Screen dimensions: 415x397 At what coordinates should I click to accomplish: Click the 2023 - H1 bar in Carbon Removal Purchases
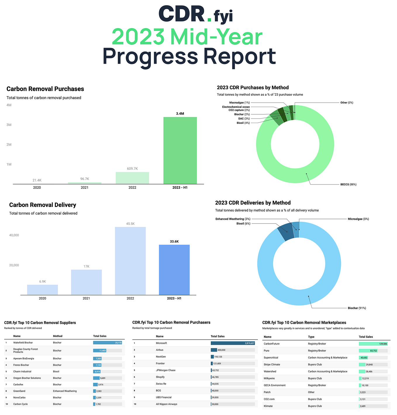pyautogui.click(x=180, y=150)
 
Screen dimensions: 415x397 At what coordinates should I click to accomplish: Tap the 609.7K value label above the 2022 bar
pyautogui.click(x=132, y=169)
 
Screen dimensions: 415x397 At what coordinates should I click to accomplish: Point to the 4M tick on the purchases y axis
pyautogui.click(x=9, y=105)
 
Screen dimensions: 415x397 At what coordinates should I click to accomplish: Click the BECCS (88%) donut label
pyautogui.click(x=348, y=184)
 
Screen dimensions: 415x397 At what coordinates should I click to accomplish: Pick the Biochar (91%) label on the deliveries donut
pyautogui.click(x=357, y=308)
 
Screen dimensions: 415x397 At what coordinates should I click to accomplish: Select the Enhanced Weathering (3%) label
pyautogui.click(x=233, y=219)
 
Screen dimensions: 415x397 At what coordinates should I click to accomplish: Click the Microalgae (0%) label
pyautogui.click(x=358, y=219)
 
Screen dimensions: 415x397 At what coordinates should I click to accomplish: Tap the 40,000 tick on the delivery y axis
pyautogui.click(x=14, y=235)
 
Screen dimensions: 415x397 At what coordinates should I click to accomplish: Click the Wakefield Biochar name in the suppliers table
pyautogui.click(x=23, y=343)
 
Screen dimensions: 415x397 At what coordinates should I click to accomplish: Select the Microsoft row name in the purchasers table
pyautogui.click(x=161, y=343)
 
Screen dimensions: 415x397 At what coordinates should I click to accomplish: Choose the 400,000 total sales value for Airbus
pyautogui.click(x=221, y=350)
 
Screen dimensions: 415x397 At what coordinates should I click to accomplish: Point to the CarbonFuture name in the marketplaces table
pyautogui.click(x=271, y=344)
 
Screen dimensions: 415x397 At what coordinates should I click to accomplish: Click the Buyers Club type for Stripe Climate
pyautogui.click(x=315, y=364)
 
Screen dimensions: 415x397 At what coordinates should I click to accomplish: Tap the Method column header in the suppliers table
pyautogui.click(x=58, y=336)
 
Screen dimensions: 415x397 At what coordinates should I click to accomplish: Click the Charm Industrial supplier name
pyautogui.click(x=22, y=371)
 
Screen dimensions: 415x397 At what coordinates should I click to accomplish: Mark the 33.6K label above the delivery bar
pyautogui.click(x=174, y=241)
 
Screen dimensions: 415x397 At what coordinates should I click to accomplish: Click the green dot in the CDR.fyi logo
pyautogui.click(x=209, y=20)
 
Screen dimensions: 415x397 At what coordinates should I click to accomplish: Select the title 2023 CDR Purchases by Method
pyautogui.click(x=253, y=87)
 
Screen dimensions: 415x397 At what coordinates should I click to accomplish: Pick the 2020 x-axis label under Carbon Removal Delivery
pyautogui.click(x=42, y=298)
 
